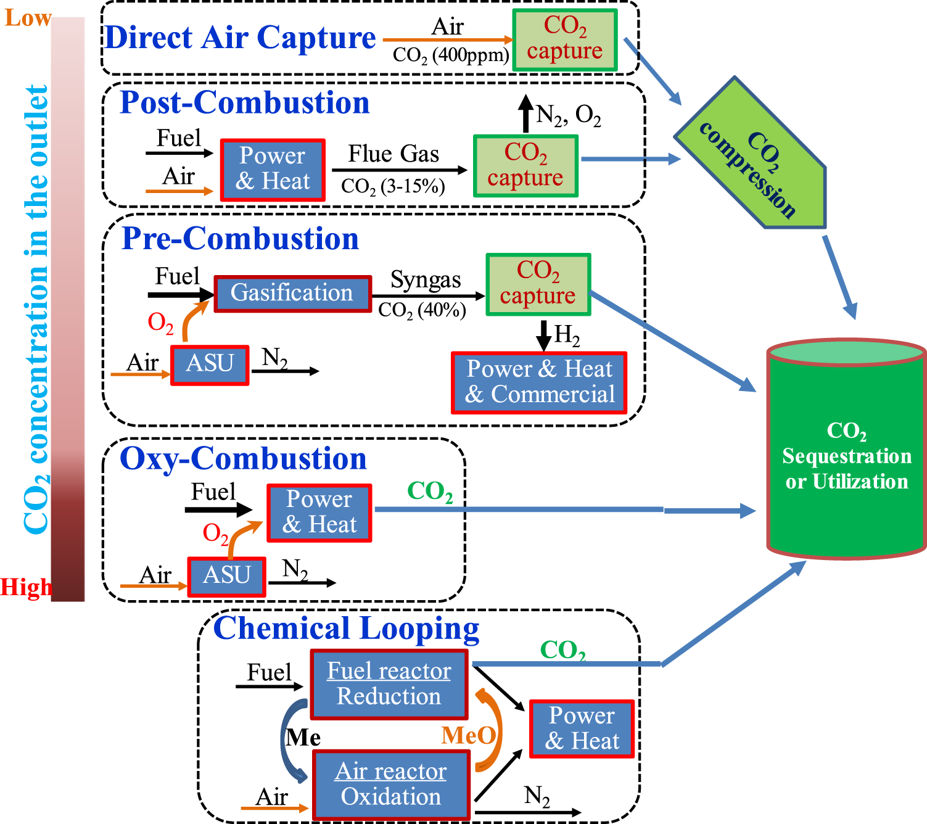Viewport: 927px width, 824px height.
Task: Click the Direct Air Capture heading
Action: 240,38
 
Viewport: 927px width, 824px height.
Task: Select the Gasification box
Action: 292,294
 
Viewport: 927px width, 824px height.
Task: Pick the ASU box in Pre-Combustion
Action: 210,365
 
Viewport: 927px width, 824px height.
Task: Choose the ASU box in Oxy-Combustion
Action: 226,576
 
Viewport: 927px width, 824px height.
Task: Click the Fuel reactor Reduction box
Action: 389,684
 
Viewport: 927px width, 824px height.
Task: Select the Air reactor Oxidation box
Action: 391,785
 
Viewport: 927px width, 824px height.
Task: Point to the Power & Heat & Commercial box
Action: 540,382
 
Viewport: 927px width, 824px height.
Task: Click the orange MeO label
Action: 468,736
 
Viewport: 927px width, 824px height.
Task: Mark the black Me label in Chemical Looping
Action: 303,738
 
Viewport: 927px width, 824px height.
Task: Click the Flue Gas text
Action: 393,154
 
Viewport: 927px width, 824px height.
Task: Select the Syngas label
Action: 426,280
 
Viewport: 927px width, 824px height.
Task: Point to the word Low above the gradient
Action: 28,19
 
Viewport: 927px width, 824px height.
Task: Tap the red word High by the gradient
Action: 26,587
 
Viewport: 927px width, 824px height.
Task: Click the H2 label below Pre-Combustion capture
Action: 566,335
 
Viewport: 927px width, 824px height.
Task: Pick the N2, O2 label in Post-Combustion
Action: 568,115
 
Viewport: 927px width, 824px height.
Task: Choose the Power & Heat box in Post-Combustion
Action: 273,169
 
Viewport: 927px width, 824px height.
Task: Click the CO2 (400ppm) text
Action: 451,56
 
